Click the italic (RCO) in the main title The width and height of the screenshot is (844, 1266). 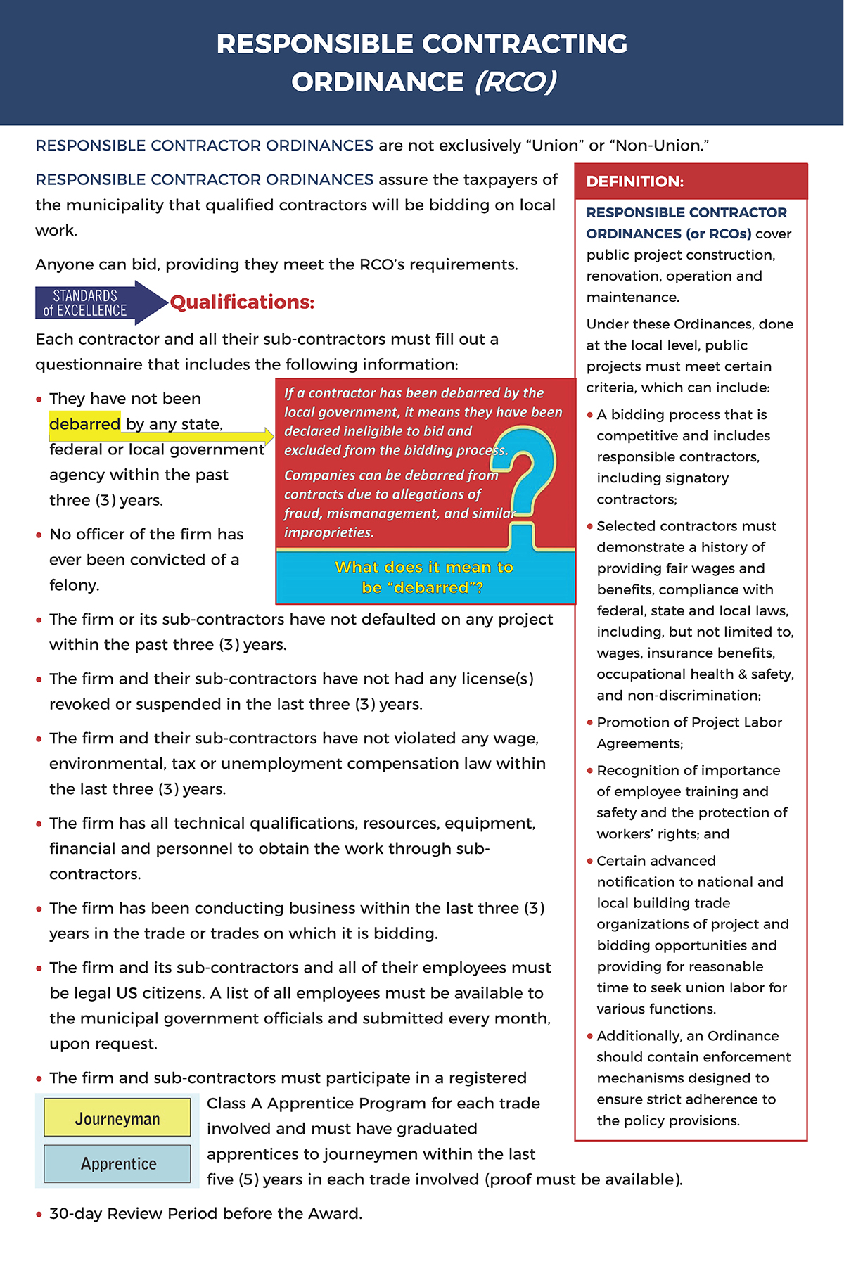click(516, 82)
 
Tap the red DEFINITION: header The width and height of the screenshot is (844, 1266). click(634, 181)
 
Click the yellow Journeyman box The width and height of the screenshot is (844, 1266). click(117, 1118)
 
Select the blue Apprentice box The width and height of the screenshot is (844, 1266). click(117, 1163)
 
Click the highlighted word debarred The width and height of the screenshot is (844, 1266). click(85, 424)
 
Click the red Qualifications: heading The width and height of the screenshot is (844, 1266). click(242, 302)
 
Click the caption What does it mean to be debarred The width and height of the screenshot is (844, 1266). click(423, 577)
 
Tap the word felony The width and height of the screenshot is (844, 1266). click(75, 585)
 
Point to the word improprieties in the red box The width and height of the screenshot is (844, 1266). click(328, 532)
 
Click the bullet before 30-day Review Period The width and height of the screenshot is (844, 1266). click(39, 1215)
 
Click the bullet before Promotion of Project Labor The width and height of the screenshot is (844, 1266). click(590, 722)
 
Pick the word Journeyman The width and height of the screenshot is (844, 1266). click(117, 1118)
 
